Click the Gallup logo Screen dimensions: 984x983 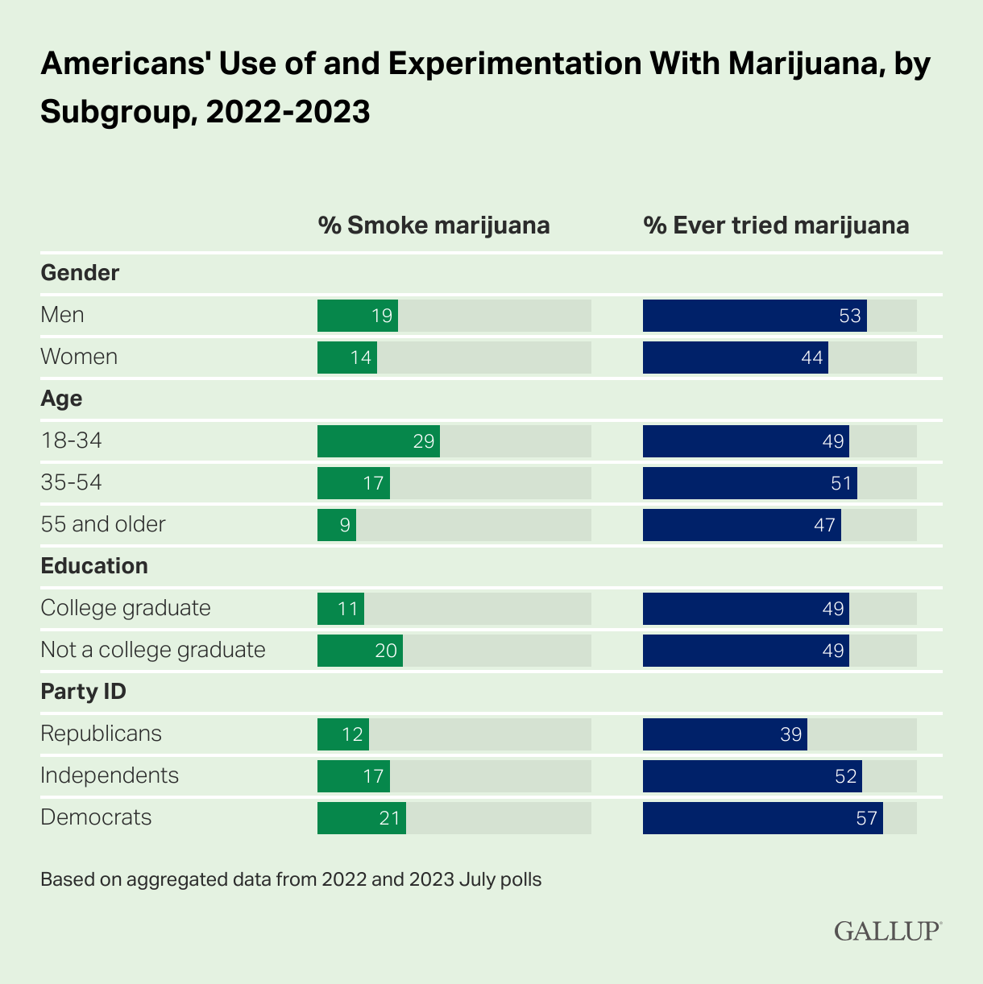tap(887, 931)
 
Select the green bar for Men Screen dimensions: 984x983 tap(358, 316)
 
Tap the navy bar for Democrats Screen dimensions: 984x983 tap(762, 818)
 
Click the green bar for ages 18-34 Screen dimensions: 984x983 tap(379, 441)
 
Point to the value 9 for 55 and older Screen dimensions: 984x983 tap(345, 525)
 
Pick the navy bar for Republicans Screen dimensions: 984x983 tap(724, 734)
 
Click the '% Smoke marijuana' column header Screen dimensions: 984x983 tap(433, 225)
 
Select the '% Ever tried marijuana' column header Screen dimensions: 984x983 tap(776, 225)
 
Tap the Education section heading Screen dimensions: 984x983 tap(94, 566)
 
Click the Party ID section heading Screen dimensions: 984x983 tap(84, 692)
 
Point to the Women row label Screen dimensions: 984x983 tap(79, 357)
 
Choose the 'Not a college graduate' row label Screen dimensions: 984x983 tap(153, 650)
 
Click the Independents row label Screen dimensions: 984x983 tap(110, 775)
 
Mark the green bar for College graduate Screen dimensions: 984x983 tap(341, 609)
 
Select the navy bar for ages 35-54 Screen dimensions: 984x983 tap(749, 483)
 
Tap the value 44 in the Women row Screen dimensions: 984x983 tap(812, 358)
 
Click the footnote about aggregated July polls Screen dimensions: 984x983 tap(291, 879)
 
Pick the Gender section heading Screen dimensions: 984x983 tap(80, 273)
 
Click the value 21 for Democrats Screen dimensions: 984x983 tap(390, 818)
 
